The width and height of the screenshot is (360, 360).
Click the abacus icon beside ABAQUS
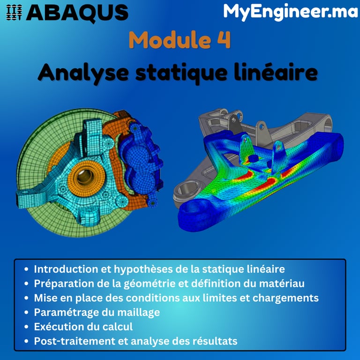tap(15, 12)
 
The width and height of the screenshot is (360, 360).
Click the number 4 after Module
tap(224, 40)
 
